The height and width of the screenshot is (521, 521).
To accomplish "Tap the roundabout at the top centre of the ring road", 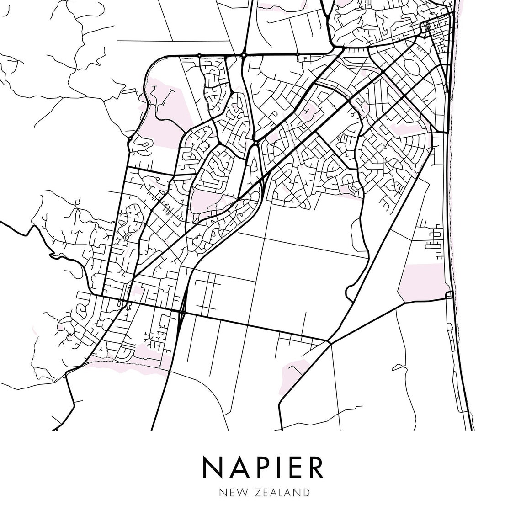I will (x=244, y=55).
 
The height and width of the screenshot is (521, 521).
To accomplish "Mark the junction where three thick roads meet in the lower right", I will (x=328, y=340).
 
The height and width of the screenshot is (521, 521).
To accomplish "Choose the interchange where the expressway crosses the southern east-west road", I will (x=182, y=313).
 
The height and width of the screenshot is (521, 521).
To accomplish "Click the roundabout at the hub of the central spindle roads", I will (x=256, y=143).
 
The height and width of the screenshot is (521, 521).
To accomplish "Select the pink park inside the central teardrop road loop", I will (x=206, y=201).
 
